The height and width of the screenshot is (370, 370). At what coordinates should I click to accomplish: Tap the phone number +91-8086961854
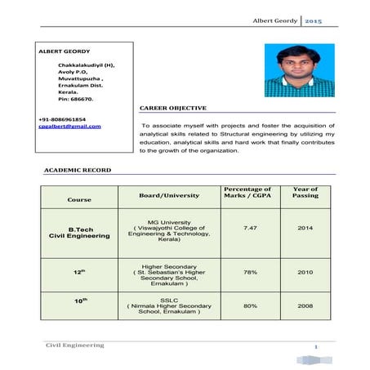tap(62, 119)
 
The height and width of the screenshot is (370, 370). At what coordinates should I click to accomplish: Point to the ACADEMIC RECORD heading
tap(77, 170)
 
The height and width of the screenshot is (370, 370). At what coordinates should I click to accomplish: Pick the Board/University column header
tap(169, 194)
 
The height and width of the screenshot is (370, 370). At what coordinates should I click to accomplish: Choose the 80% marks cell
tap(250, 305)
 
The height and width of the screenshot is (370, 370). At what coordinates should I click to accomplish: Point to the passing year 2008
tap(305, 305)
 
